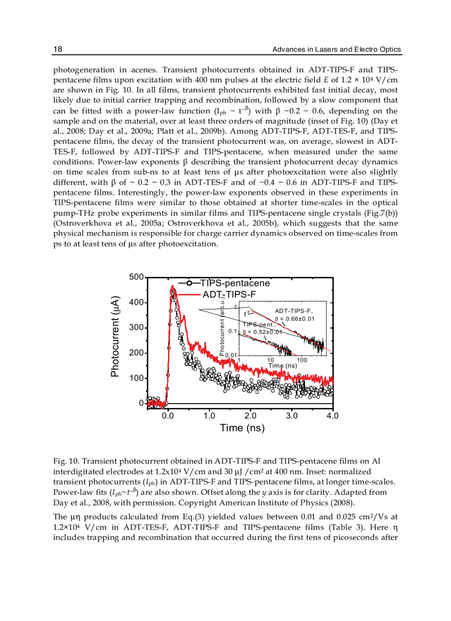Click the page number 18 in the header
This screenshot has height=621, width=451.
[x=57, y=50]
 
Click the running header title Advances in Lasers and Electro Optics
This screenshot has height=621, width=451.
[x=337, y=50]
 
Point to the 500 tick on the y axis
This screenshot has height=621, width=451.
[x=136, y=277]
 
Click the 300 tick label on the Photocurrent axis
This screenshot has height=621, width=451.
[x=136, y=328]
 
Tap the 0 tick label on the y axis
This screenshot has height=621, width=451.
[x=140, y=404]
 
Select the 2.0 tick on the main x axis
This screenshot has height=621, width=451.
[x=250, y=416]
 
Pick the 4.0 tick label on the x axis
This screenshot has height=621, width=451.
[x=332, y=416]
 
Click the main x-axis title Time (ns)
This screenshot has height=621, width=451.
[x=242, y=428]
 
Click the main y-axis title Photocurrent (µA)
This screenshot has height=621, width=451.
[x=116, y=337]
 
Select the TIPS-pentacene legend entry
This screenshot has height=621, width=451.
[x=235, y=283]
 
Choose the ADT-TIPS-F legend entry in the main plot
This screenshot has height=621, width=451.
[x=229, y=294]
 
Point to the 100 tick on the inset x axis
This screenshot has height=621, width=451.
[x=302, y=360]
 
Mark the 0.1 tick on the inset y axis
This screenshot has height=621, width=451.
[x=233, y=331]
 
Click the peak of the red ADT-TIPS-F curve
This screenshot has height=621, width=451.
[x=172, y=286]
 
